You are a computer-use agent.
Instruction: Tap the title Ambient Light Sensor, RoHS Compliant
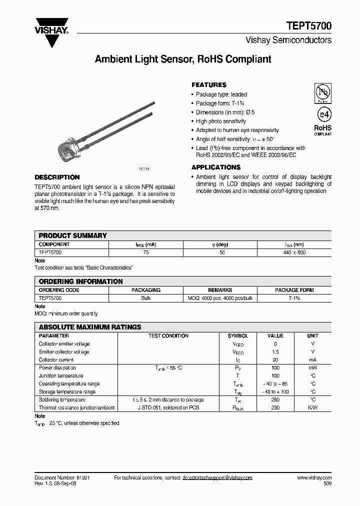click(x=183, y=59)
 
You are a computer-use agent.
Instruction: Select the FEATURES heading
click(x=209, y=85)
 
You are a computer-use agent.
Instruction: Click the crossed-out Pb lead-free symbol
click(x=322, y=92)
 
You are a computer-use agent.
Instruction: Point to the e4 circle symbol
click(x=322, y=114)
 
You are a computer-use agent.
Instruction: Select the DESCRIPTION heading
click(x=57, y=177)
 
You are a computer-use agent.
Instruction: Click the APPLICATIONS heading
click(x=216, y=167)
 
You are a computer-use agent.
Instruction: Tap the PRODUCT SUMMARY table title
click(x=73, y=235)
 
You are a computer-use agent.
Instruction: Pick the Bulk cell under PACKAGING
click(x=146, y=298)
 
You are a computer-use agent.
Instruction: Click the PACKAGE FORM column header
click(x=294, y=290)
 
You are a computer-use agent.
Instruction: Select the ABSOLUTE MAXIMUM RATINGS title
click(x=90, y=327)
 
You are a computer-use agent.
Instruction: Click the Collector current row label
click(x=56, y=359)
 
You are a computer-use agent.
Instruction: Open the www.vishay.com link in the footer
click(x=313, y=478)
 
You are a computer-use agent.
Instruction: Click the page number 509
click(x=326, y=483)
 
